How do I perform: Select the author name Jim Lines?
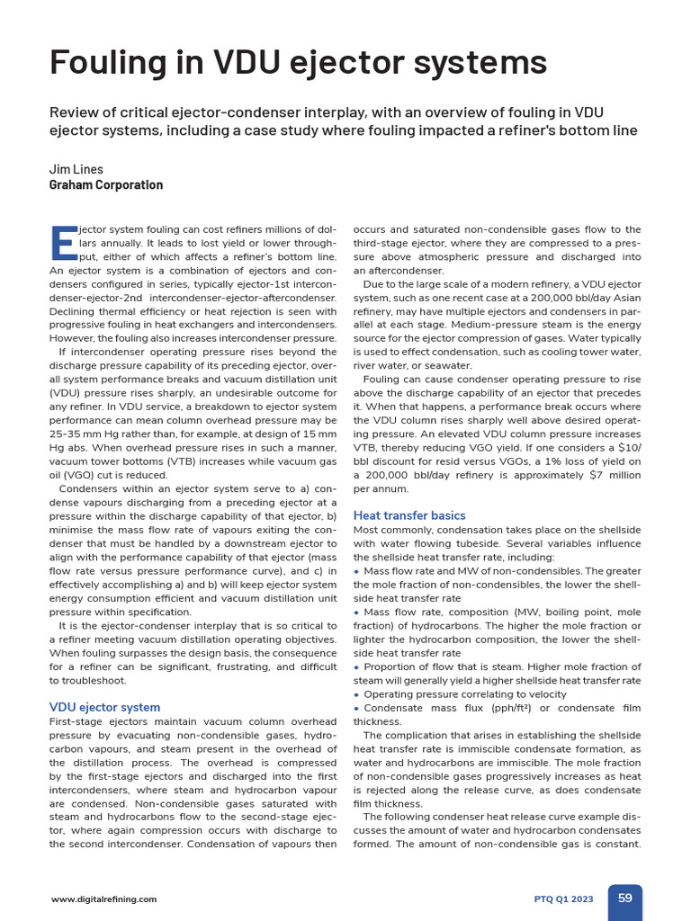click(x=76, y=169)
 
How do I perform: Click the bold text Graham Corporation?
click(x=105, y=185)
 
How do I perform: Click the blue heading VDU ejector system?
click(x=104, y=707)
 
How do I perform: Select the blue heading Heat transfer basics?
click(x=409, y=515)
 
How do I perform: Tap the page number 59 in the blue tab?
click(x=625, y=898)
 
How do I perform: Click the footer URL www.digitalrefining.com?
click(x=103, y=899)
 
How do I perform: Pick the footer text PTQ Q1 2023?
click(x=564, y=899)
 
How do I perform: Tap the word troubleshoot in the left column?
click(x=92, y=681)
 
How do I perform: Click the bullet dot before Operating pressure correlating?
click(x=357, y=695)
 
